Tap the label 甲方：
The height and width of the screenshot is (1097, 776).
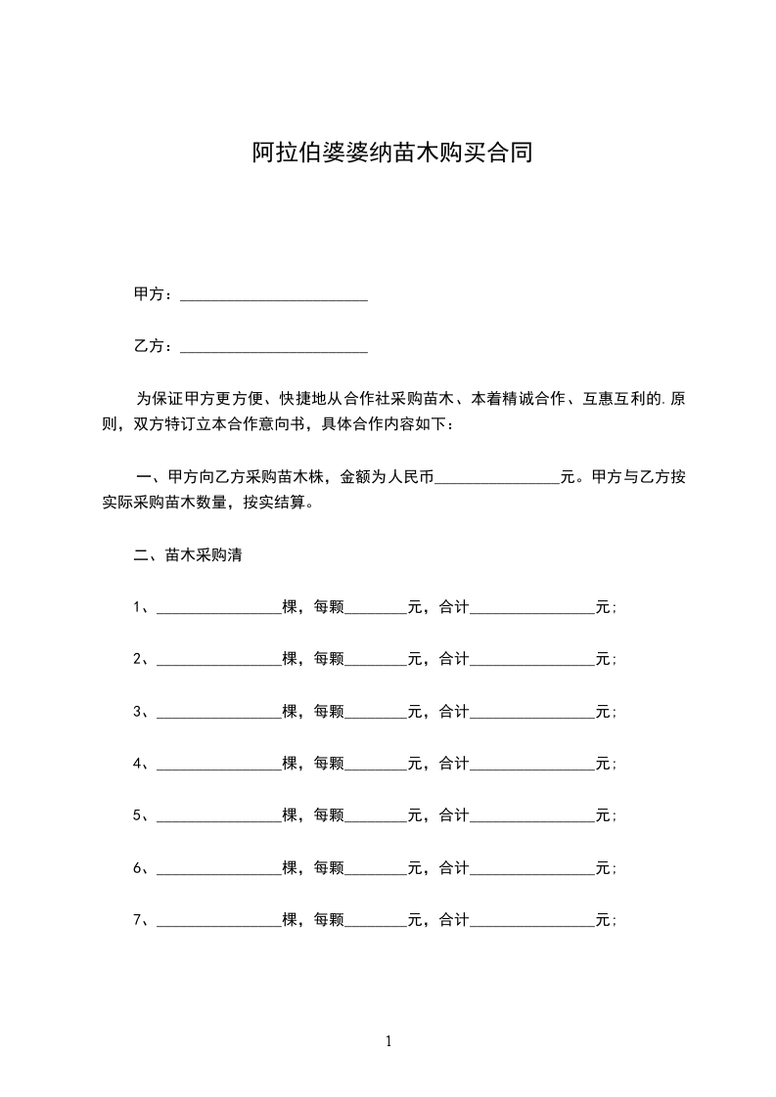pyautogui.click(x=155, y=294)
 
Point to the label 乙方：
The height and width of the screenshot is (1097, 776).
pyautogui.click(x=155, y=346)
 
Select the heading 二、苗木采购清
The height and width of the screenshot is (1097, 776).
pyautogui.click(x=188, y=555)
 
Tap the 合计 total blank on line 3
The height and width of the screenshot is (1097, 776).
pyautogui.click(x=532, y=713)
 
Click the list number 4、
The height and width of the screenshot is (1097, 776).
pyautogui.click(x=142, y=763)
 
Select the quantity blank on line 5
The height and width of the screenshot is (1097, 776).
pyautogui.click(x=218, y=816)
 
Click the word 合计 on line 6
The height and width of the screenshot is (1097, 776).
pyautogui.click(x=454, y=867)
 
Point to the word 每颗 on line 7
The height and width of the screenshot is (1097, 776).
pyautogui.click(x=329, y=919)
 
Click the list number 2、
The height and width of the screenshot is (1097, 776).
pyautogui.click(x=142, y=659)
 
